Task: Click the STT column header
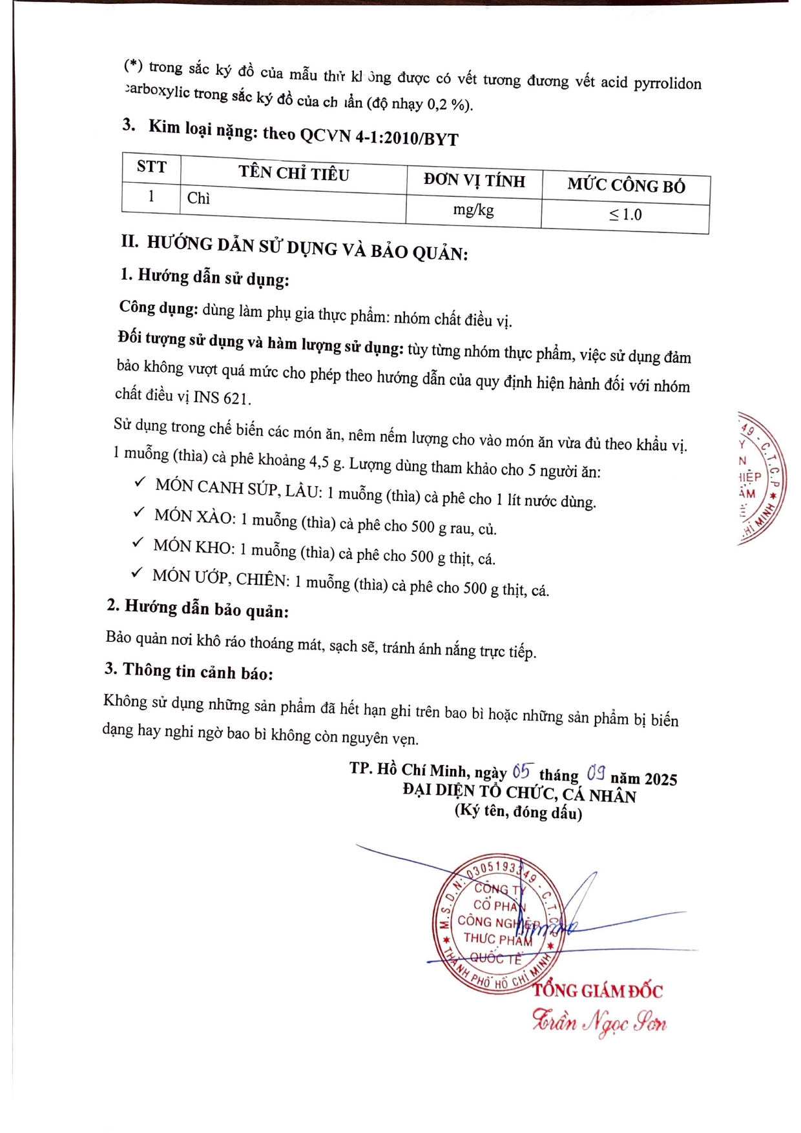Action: tap(151, 167)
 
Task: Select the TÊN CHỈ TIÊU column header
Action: tap(293, 173)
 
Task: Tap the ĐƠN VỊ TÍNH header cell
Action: tap(474, 181)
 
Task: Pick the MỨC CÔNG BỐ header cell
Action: tap(626, 186)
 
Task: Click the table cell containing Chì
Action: tap(199, 198)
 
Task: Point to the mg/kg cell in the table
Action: tap(473, 210)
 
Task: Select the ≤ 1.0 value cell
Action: tap(625, 215)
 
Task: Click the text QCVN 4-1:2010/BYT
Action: tap(379, 136)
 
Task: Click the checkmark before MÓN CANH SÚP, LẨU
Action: tap(140, 482)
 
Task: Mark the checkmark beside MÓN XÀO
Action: tap(138, 512)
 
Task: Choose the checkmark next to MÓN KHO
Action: tap(138, 542)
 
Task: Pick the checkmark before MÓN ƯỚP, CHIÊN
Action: tap(137, 572)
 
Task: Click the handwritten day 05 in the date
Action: tap(521, 771)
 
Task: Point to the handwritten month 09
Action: tap(595, 773)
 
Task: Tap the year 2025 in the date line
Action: tap(660, 779)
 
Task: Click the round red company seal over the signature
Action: tap(498, 923)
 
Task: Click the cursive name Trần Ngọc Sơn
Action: tap(599, 1022)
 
